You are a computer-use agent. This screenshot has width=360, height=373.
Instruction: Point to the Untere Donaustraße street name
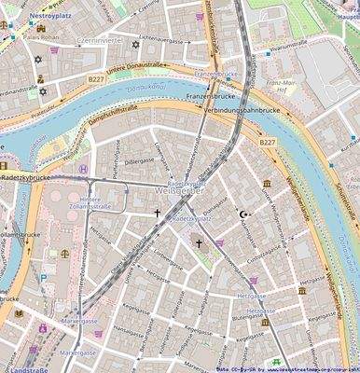pos(135,67)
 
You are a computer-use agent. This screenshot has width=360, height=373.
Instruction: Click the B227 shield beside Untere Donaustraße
pos(96,81)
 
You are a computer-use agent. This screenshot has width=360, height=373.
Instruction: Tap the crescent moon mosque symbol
pos(244,214)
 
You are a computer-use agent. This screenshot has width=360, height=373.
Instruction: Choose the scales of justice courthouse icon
pos(64,253)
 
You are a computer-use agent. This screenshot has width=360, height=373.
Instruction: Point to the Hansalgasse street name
pos(131,329)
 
